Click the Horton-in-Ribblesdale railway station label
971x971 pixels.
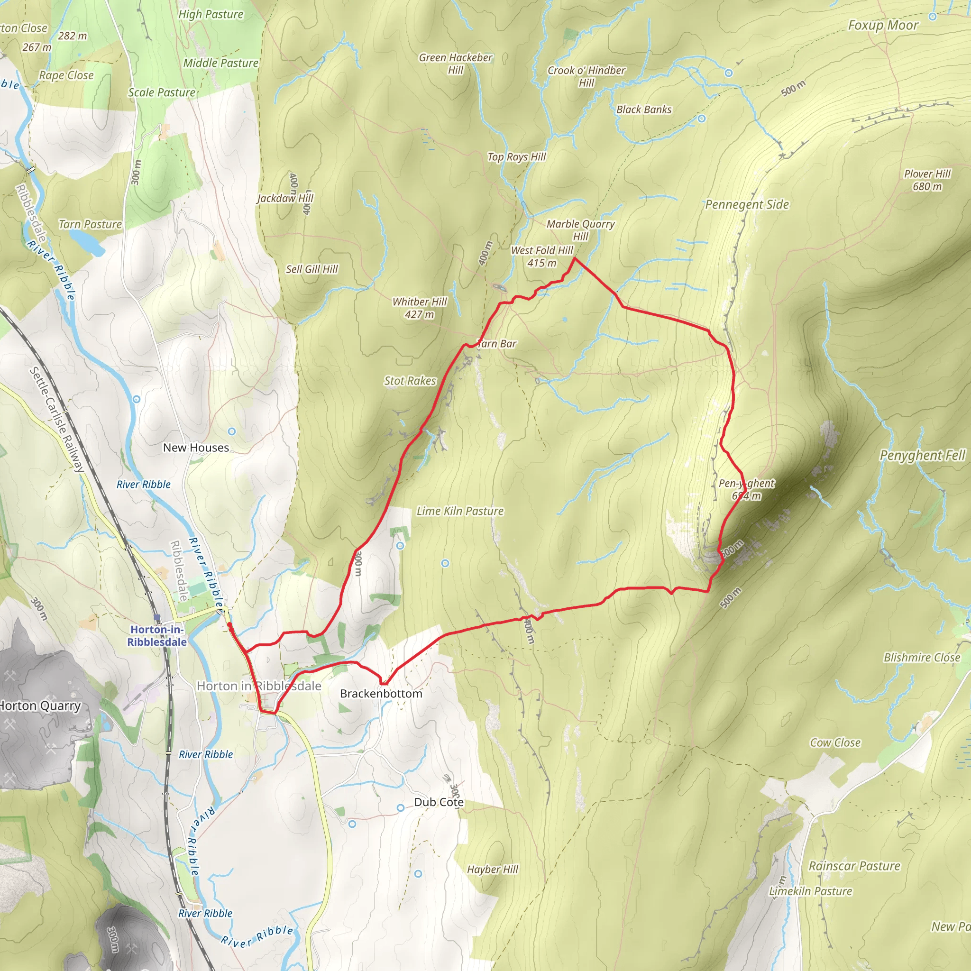click(157, 635)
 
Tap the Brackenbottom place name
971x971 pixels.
click(381, 694)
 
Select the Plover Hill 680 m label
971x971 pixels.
click(927, 180)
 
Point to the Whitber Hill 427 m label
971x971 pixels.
click(420, 308)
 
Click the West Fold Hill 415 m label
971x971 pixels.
click(542, 256)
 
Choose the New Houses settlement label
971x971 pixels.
click(196, 447)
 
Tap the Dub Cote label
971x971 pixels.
click(438, 802)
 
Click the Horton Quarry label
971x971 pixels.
click(40, 705)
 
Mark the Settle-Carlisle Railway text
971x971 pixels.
click(56, 420)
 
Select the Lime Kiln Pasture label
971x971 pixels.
click(460, 511)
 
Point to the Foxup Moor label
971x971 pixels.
click(883, 25)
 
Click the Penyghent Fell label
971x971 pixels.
click(922, 455)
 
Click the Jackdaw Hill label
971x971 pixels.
click(285, 198)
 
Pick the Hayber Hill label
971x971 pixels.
click(493, 870)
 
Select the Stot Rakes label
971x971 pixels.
click(410, 381)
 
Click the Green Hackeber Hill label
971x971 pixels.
click(455, 64)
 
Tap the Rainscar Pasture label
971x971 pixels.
click(854, 866)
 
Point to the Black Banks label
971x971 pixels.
click(644, 110)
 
